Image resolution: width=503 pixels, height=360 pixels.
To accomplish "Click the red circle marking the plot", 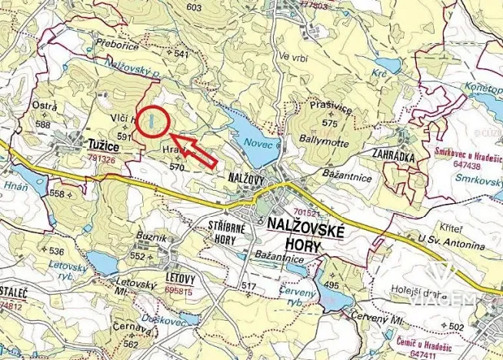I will (154, 121).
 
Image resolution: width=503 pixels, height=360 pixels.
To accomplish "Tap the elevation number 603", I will (193, 8).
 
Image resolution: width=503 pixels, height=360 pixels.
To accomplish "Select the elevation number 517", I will (248, 286).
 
